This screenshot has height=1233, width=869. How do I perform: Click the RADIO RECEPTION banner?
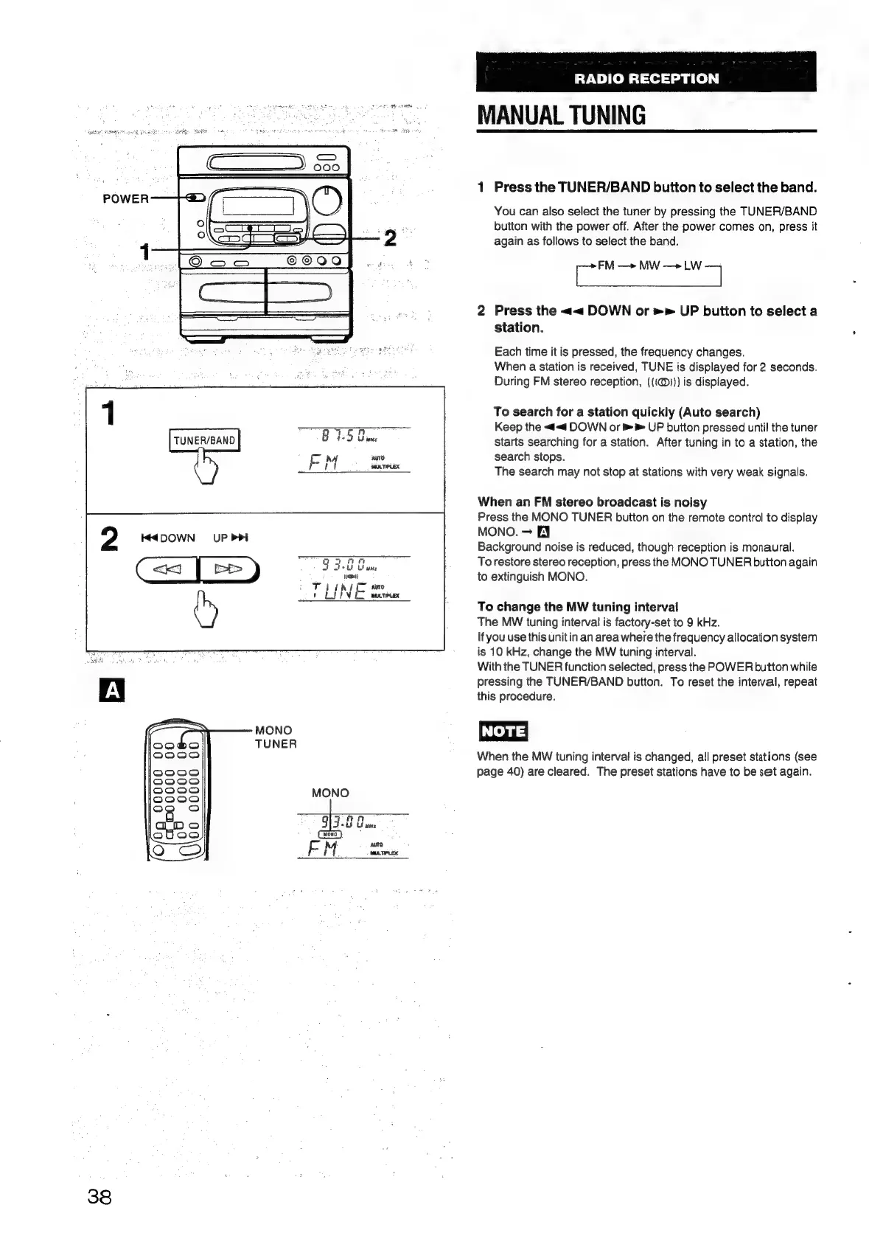(646, 78)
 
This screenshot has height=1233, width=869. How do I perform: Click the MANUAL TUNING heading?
(562, 115)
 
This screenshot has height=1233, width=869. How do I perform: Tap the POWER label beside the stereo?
(125, 198)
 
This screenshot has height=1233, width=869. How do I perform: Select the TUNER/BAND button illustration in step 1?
(204, 440)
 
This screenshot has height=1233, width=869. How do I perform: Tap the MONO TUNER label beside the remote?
(274, 737)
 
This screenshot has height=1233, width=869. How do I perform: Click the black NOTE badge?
(503, 731)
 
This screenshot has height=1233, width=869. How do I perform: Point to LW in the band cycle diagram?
(692, 265)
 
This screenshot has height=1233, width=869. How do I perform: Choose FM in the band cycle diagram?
(606, 265)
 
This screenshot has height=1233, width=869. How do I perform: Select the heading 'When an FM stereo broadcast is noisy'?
(592, 502)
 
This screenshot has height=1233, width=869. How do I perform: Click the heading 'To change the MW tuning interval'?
(577, 607)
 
